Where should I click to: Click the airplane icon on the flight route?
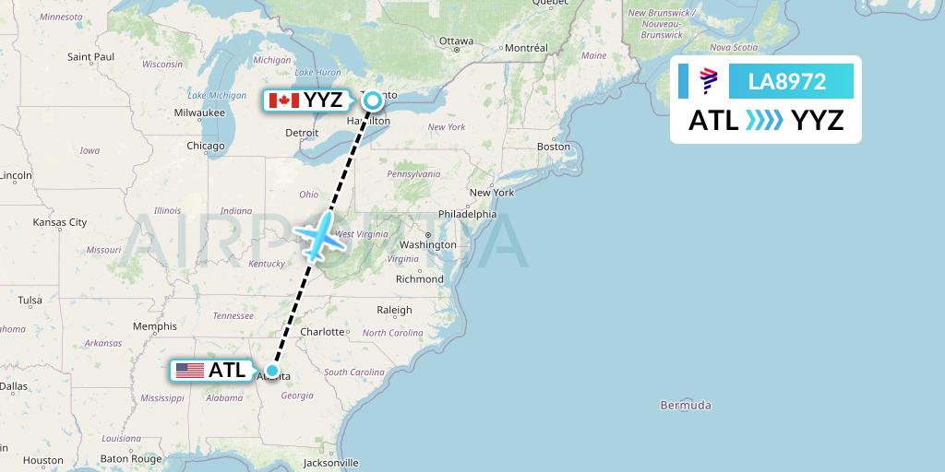(x=318, y=235)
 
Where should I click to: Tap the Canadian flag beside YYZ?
(x=283, y=100)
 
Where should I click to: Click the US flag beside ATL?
(x=189, y=371)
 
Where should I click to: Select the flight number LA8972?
(x=787, y=81)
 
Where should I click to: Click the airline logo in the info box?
(x=709, y=81)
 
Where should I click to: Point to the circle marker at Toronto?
(x=372, y=100)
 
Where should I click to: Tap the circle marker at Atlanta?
(x=272, y=371)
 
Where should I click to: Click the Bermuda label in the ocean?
(x=686, y=405)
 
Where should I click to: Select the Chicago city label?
(x=205, y=146)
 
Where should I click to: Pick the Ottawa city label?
(x=456, y=41)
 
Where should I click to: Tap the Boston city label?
(x=554, y=146)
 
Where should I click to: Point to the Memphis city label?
(x=154, y=325)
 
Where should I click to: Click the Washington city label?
(x=428, y=244)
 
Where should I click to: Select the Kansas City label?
(x=59, y=222)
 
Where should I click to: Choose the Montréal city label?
(x=526, y=47)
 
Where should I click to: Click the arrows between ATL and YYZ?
(x=765, y=120)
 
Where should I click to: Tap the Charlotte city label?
(x=322, y=331)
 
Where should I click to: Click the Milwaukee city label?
(x=199, y=112)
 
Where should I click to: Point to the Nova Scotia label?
(x=735, y=47)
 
